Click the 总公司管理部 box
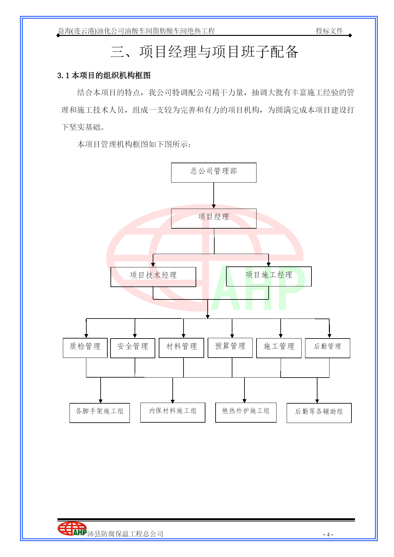[x=214, y=172]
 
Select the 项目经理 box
[x=214, y=218]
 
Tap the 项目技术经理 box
[x=153, y=277]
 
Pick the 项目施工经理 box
[x=269, y=276]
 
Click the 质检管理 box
[x=85, y=348]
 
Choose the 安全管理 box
[x=133, y=348]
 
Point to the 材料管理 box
[x=181, y=348]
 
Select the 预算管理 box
[x=230, y=348]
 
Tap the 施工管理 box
[x=279, y=348]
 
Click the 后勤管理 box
[x=328, y=348]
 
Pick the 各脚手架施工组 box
[x=100, y=413]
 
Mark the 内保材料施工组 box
[x=173, y=413]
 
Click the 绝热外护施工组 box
[x=246, y=413]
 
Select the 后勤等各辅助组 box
[x=319, y=413]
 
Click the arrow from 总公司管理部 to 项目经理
[x=214, y=196]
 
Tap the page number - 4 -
[x=328, y=534]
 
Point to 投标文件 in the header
[x=329, y=31]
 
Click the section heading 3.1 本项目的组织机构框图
[x=104, y=76]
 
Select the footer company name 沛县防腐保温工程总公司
[x=125, y=534]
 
